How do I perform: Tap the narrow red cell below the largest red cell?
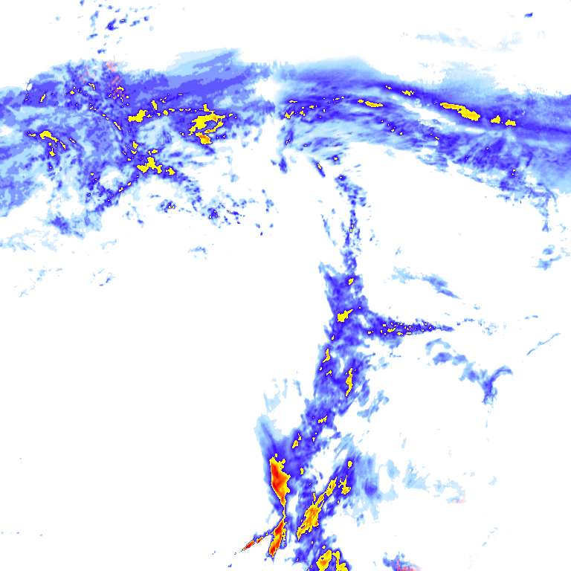(277, 537)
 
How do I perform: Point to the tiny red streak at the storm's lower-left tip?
(248, 546)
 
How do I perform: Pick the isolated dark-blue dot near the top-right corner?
(529, 14)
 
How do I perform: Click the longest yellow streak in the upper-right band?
(462, 111)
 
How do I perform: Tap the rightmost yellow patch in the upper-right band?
(511, 122)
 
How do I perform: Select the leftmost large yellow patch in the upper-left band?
(48, 135)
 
